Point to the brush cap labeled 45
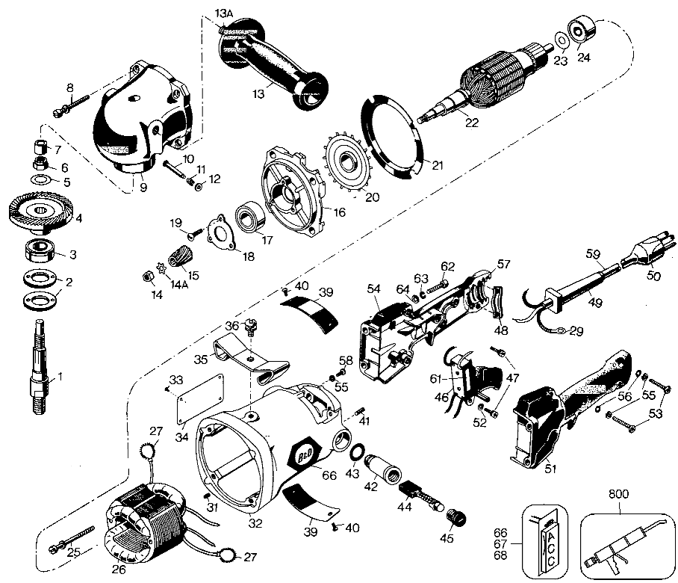(x=453, y=516)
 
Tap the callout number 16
(x=340, y=212)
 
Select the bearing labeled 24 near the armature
(x=581, y=31)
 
